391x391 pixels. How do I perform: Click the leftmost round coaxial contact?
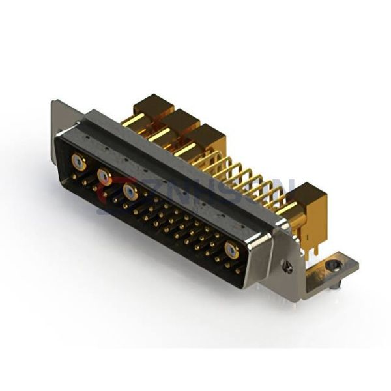(x=78, y=163)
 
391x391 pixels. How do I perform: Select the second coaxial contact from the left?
(x=104, y=176)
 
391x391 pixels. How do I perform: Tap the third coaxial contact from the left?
(x=130, y=192)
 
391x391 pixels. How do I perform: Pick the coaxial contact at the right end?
(x=231, y=251)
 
